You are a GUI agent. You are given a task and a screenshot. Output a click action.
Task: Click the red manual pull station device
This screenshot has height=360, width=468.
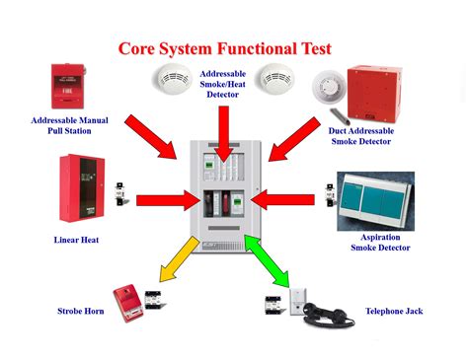click(x=68, y=86)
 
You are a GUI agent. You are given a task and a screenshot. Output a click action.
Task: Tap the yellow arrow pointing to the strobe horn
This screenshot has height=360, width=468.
click(x=179, y=259)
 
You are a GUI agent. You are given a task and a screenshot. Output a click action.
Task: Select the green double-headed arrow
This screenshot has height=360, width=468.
click(x=267, y=260)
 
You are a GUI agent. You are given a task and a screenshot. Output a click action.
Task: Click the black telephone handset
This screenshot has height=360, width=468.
click(x=328, y=315)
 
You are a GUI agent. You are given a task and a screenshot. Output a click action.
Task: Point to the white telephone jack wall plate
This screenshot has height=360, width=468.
click(x=298, y=302)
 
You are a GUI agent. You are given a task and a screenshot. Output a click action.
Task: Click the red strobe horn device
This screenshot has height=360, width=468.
click(x=128, y=303)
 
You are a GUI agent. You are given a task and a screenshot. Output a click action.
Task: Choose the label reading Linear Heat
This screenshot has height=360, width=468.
click(x=76, y=240)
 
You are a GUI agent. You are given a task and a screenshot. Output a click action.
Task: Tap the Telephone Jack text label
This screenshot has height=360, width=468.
click(x=394, y=311)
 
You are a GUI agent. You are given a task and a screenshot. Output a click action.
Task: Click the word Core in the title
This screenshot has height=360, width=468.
click(x=136, y=48)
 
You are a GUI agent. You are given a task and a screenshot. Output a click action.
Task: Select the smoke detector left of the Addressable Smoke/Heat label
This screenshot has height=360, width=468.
click(x=172, y=79)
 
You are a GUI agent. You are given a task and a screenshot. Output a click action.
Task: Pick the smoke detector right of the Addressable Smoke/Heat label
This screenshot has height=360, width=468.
click(x=275, y=79)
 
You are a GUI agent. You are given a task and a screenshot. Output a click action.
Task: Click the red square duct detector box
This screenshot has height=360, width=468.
click(x=374, y=94)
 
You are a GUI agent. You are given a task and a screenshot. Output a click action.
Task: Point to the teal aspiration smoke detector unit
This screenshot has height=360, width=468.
click(x=376, y=200)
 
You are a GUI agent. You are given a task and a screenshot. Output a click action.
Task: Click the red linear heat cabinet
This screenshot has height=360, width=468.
click(x=82, y=188)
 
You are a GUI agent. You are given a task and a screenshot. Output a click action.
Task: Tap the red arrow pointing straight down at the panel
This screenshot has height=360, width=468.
click(x=224, y=134)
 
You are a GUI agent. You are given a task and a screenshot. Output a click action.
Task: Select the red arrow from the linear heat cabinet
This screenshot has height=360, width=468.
click(x=168, y=200)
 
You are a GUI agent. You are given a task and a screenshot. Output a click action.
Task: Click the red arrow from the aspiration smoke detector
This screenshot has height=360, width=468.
click(x=282, y=199)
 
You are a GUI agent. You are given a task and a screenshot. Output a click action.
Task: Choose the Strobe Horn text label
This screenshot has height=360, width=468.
click(x=81, y=311)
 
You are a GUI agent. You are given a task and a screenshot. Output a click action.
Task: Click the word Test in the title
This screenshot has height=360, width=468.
click(x=316, y=48)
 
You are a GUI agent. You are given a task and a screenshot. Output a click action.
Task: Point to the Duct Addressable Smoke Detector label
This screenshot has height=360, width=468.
click(x=361, y=136)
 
